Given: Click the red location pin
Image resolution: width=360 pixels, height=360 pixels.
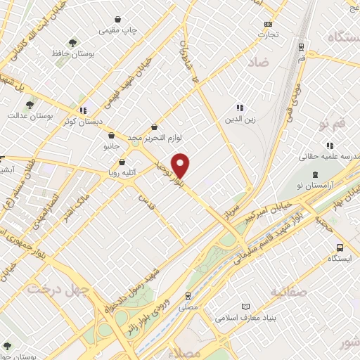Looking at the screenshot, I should [181, 165].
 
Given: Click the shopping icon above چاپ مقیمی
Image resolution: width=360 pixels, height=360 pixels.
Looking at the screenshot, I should [117, 20].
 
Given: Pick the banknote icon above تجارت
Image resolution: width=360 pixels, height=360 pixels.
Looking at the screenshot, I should [267, 22].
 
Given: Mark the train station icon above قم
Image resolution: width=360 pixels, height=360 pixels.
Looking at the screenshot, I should [301, 47].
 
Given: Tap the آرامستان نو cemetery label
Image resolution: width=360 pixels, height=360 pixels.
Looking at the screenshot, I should [316, 183].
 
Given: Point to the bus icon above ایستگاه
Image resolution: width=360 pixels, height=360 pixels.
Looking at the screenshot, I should [340, 247].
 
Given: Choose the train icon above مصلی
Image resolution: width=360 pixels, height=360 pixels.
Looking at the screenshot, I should [188, 296].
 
